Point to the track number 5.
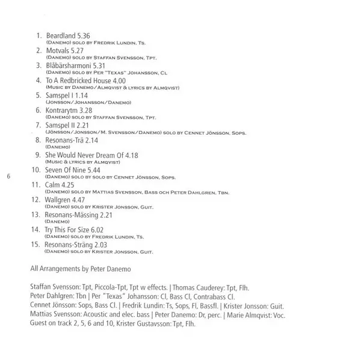[x=39, y=95]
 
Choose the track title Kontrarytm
[x=62, y=110]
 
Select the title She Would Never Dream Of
[x=81, y=154]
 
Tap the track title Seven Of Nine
[x=65, y=170]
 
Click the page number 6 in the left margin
[x=8, y=177]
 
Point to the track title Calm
[x=52, y=185]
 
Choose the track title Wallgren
[x=58, y=200]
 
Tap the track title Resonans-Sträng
[x=68, y=244]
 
